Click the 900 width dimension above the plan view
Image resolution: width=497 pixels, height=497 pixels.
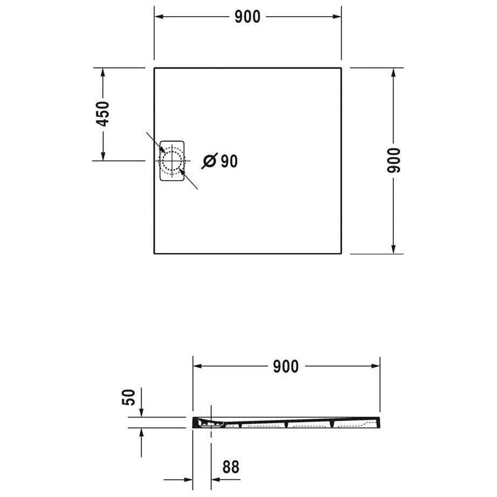coord(247,17)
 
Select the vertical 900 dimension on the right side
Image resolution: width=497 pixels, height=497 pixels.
coord(395,160)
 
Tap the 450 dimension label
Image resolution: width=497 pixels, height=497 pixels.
coord(102,114)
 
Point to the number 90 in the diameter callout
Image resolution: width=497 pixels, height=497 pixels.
coord(229,161)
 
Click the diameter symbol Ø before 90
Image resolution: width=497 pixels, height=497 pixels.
coord(210,161)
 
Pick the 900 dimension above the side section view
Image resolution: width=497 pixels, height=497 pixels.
coord(286,367)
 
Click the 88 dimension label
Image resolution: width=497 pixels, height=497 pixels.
coord(230,467)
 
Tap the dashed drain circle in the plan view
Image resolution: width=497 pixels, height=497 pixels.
coord(172,161)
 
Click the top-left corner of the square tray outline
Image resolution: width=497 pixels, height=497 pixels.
coord(155,68)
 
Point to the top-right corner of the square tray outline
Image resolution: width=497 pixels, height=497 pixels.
coord(341,68)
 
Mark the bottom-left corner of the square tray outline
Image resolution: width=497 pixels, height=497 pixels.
coord(155,253)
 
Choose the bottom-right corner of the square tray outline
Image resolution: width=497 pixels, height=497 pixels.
coord(341,253)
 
